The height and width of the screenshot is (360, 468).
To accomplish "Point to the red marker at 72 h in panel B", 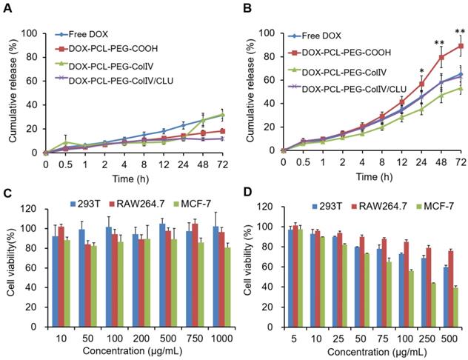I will [461, 46].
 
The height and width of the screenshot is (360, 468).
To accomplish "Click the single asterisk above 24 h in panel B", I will [421, 71].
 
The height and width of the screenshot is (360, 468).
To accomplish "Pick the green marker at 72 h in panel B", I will [461, 88].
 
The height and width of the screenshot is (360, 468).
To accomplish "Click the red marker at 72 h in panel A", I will [221, 130].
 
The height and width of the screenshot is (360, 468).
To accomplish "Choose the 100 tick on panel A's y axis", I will [30, 33].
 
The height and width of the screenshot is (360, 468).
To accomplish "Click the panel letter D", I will [247, 194].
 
